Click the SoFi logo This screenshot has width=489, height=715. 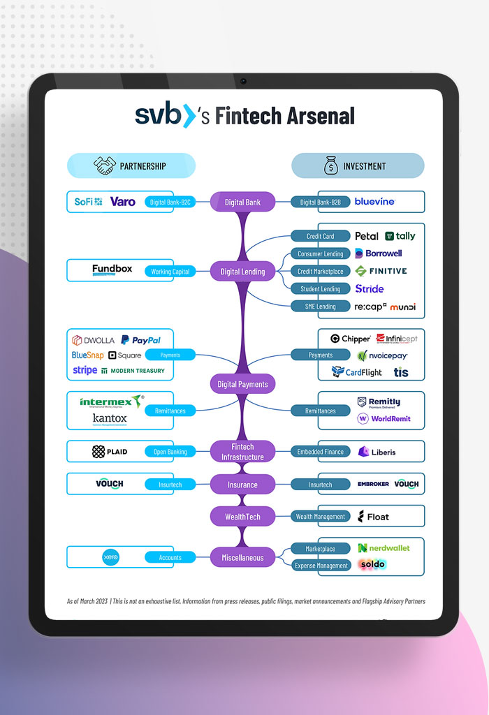tap(88, 202)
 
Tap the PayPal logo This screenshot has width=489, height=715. tap(140, 340)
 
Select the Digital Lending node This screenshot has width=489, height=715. tap(242, 272)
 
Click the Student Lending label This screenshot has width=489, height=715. tap(320, 289)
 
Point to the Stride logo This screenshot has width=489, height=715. tap(370, 289)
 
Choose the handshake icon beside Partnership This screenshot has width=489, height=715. tap(105, 166)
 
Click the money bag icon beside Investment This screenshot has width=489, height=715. tap(330, 166)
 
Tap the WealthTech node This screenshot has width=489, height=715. tap(242, 517)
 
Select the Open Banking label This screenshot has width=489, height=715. tap(170, 452)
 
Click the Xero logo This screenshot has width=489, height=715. tap(110, 557)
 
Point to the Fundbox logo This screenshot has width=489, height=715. tap(112, 270)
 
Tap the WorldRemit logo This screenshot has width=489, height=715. tap(384, 419)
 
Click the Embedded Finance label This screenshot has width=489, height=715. tap(320, 452)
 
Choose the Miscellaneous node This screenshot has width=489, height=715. tap(242, 558)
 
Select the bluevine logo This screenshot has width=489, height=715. tap(374, 202)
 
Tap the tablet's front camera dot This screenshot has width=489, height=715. tap(243, 81)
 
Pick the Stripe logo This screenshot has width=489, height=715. tap(85, 370)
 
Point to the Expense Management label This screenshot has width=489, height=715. tap(320, 566)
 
